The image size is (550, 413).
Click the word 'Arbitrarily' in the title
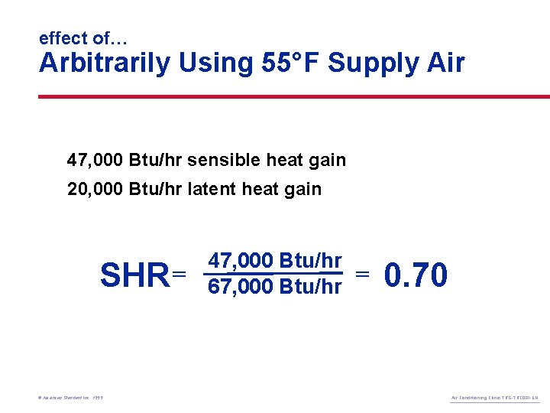(105, 63)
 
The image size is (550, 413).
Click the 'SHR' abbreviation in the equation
(134, 275)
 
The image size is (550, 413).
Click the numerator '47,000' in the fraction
(241, 261)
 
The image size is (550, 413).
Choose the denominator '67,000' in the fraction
(241, 286)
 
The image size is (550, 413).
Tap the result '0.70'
(416, 275)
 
